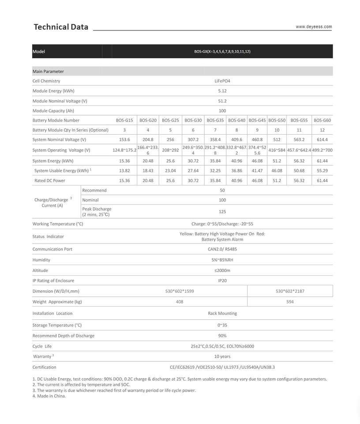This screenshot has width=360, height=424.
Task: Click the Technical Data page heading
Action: pos(61,27)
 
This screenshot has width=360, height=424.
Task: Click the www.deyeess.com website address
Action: pos(314,26)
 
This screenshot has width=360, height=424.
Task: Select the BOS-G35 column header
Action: pos(215,120)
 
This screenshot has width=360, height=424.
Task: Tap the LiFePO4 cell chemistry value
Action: pos(222,81)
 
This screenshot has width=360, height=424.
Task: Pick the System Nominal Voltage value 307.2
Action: pos(193,140)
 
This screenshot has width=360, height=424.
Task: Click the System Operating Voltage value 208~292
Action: pos(170,150)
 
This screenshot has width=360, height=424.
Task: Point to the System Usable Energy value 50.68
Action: pos(299,170)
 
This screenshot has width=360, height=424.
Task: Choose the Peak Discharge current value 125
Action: pos(222,212)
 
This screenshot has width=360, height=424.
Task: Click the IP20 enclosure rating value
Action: pos(222,280)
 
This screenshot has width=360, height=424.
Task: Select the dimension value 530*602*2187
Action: pos(290,291)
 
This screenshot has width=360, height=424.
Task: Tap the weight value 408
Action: pos(180,302)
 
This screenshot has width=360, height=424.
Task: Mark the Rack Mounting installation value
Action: pos(222,313)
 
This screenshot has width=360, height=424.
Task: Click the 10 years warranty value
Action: pos(222,356)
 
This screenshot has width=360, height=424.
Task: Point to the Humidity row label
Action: pos(41,260)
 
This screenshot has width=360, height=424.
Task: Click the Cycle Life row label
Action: pos(42,346)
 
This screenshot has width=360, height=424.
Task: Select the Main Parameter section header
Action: pos(48,71)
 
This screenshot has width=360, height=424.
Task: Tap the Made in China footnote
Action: pos(49,396)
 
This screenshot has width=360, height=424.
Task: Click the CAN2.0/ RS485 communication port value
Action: pos(222,249)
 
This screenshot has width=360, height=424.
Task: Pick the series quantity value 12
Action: pos(322,130)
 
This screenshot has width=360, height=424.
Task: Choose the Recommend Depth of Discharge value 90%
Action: pos(222,336)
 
